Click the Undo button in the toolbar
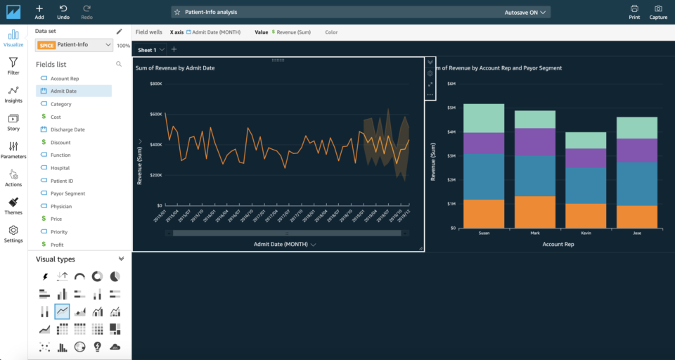pyautogui.click(x=63, y=11)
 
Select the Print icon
pyautogui.click(x=634, y=11)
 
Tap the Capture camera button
pyautogui.click(x=658, y=11)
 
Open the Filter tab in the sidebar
pyautogui.click(x=13, y=66)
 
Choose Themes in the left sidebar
pyautogui.click(x=13, y=205)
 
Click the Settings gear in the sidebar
pyautogui.click(x=13, y=233)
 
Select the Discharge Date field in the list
pyautogui.click(x=67, y=129)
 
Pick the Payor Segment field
pyautogui.click(x=67, y=193)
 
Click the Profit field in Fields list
pyautogui.click(x=57, y=245)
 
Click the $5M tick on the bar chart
pyautogui.click(x=452, y=108)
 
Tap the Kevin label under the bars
pyautogui.click(x=586, y=233)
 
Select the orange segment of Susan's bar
pyautogui.click(x=484, y=214)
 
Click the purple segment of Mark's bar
pyautogui.click(x=535, y=141)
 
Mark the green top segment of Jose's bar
pyautogui.click(x=637, y=127)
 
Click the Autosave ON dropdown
pyautogui.click(x=527, y=12)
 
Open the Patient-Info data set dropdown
pyautogui.click(x=74, y=45)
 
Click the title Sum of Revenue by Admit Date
pyautogui.click(x=175, y=68)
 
